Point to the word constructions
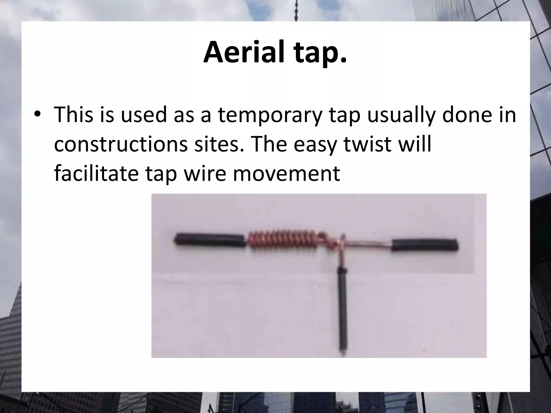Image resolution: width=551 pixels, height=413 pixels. [121, 144]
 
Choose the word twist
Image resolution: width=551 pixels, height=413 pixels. [369, 144]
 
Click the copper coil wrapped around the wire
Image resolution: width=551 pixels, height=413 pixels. [282, 240]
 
